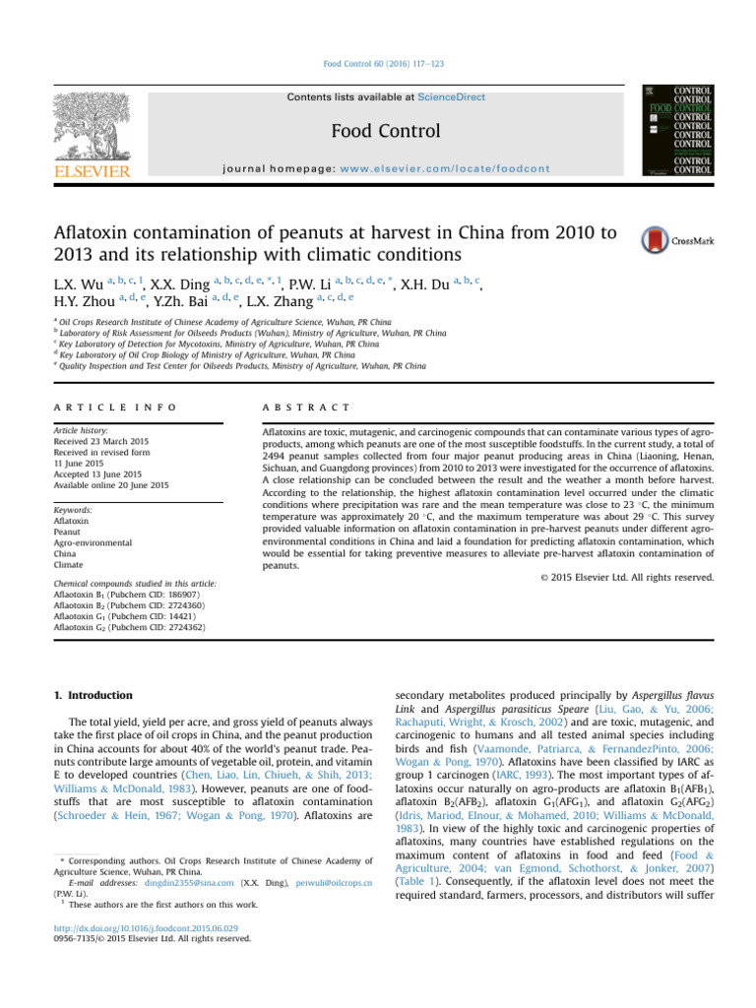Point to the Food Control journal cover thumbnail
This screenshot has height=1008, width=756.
tap(677, 131)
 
